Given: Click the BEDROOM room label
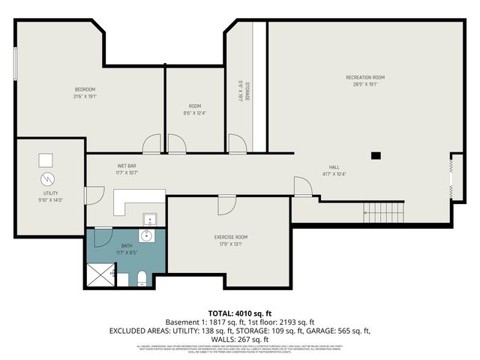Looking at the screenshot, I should coord(85,89).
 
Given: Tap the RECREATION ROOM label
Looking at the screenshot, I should coord(365,77).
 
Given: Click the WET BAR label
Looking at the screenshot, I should coord(126,165).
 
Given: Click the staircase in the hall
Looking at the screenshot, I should coord(383,213).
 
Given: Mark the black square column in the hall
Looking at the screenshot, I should coord(376,156).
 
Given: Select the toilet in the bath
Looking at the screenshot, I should coord(142,279).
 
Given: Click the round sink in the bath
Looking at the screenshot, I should coord(148,236).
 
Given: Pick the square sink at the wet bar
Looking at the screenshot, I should coord(149,219).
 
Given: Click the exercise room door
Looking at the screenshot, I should coord(226,204).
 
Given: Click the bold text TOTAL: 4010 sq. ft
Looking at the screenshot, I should coord(239,313).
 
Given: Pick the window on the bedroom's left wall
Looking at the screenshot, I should coord(16,63).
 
